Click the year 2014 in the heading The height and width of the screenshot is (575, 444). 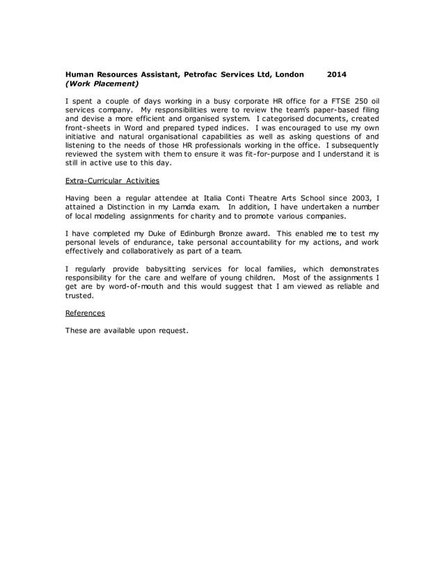(x=336, y=74)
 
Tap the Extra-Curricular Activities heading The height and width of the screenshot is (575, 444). (x=112, y=180)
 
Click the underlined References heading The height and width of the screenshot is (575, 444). (x=85, y=313)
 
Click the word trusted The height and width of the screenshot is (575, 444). (x=79, y=294)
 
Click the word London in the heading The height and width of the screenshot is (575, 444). (x=290, y=74)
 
